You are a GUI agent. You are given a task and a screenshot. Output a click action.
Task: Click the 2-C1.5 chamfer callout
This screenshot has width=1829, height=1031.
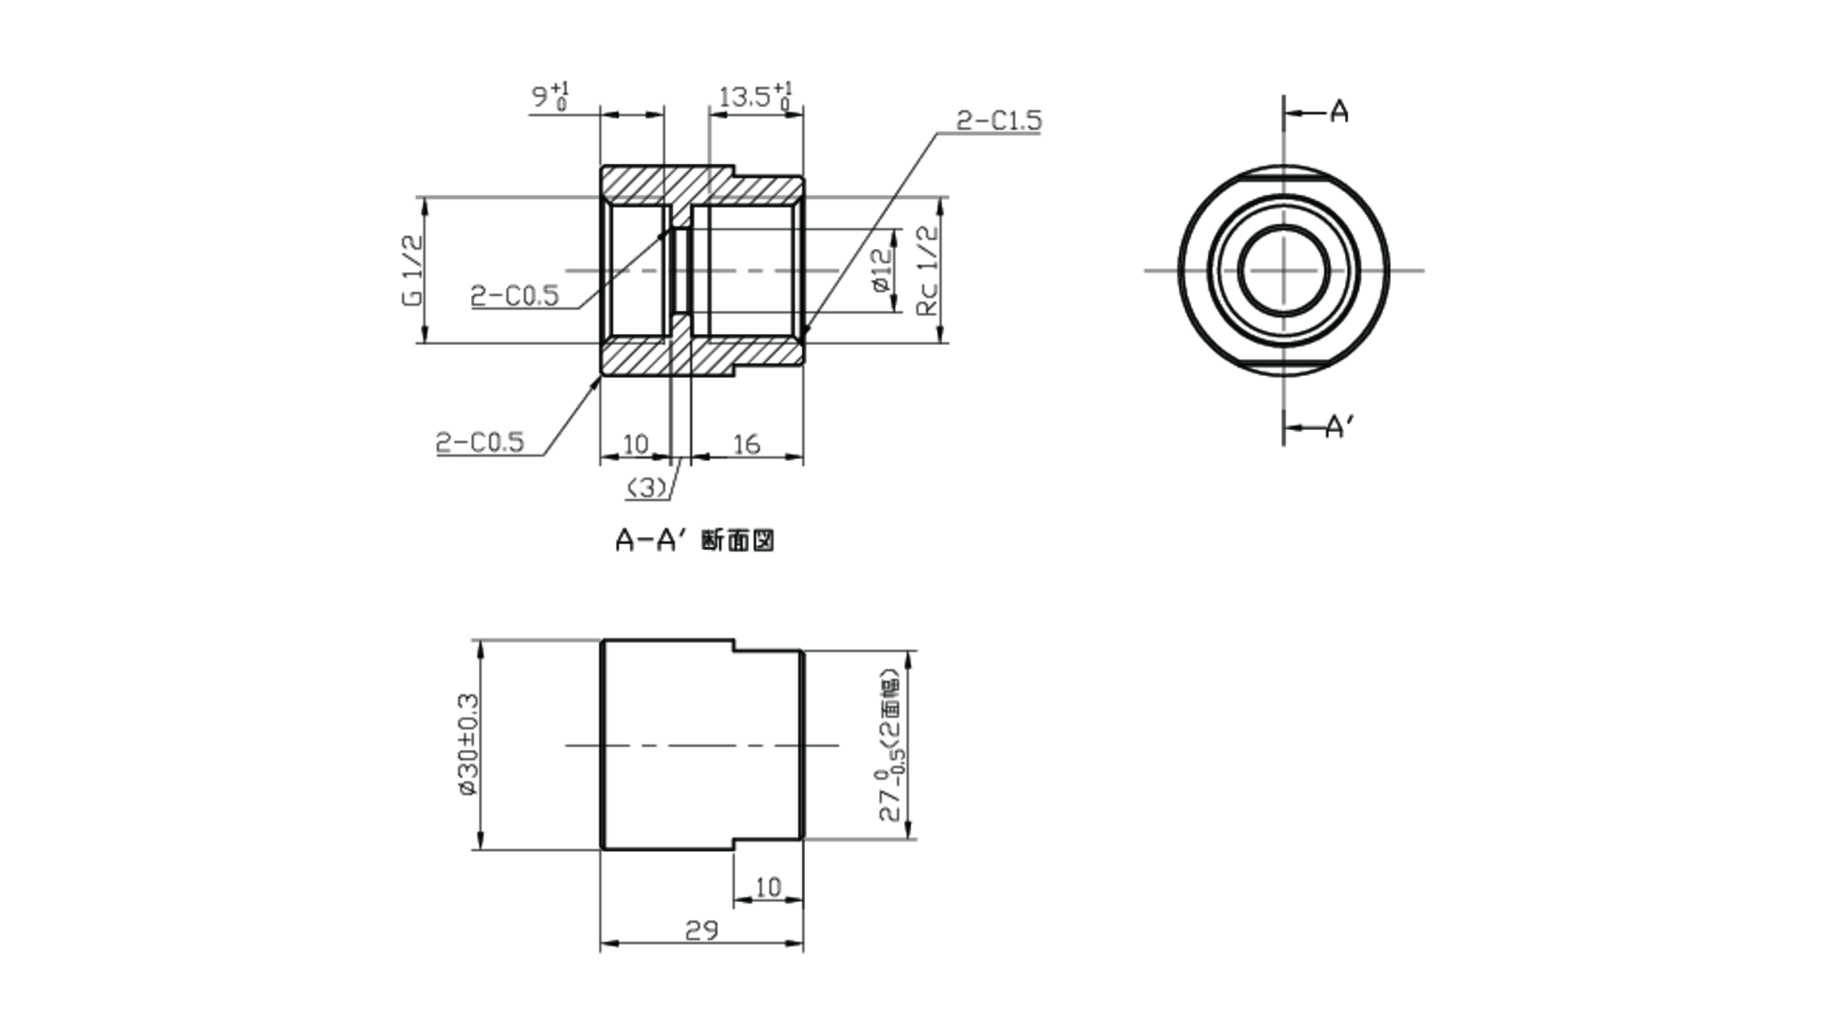(x=999, y=121)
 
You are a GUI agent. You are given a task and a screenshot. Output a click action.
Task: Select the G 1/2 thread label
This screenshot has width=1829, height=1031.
(x=412, y=270)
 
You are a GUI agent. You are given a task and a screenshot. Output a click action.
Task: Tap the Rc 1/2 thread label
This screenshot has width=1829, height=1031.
(x=927, y=271)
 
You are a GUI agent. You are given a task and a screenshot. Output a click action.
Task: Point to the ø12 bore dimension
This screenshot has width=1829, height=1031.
(x=881, y=271)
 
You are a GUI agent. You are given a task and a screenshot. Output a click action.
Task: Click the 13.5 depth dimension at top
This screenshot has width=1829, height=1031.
(x=755, y=96)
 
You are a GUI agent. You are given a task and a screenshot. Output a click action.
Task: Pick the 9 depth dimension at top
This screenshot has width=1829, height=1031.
(x=551, y=96)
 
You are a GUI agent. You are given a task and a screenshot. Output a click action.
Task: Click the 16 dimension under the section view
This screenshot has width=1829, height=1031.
(x=746, y=445)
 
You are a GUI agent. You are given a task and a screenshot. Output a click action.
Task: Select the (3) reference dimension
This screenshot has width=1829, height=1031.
(x=647, y=489)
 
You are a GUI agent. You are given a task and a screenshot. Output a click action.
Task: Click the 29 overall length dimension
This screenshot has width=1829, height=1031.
(x=701, y=930)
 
